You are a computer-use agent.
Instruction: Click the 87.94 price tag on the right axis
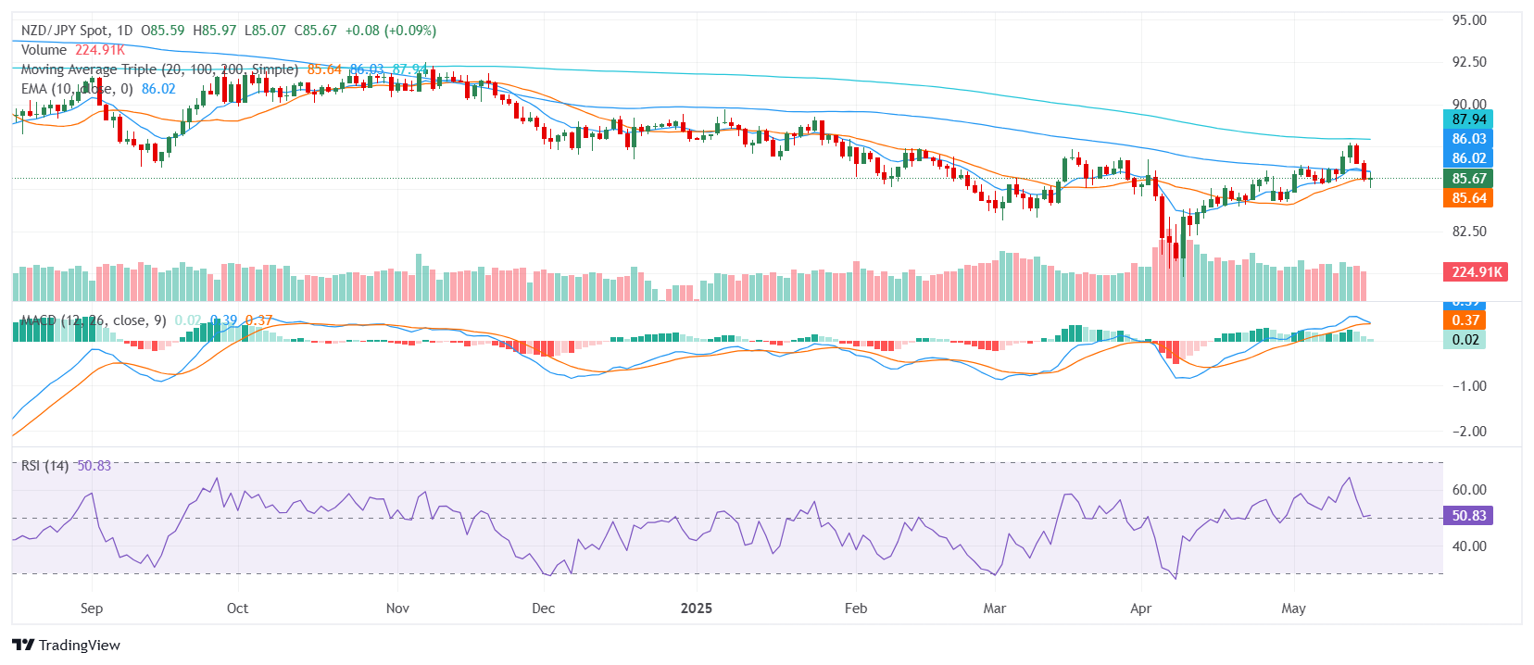pos(1468,119)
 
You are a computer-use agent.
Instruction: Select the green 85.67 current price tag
pos(1468,179)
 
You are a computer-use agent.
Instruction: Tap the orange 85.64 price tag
pos(1468,198)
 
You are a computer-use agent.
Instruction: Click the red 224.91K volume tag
pos(1477,272)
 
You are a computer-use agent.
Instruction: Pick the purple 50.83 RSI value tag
pos(1468,516)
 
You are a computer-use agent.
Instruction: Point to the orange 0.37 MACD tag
pos(1465,320)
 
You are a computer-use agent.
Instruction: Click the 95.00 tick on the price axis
pos(1468,20)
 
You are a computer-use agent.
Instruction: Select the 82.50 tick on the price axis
pos(1468,232)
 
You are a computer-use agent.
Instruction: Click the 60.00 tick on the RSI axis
pos(1468,490)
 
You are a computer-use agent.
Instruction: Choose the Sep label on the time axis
pos(92,609)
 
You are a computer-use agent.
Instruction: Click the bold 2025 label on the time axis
pos(697,609)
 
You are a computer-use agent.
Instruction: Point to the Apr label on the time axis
pos(1140,609)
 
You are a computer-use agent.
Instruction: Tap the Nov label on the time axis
pos(397,609)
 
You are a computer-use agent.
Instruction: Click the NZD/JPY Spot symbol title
pos(65,31)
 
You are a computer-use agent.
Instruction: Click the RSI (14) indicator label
pos(44,466)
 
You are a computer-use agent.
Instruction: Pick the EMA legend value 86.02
pos(158,89)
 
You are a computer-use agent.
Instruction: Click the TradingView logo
pos(67,646)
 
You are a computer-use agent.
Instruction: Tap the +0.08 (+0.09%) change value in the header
pos(390,31)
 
